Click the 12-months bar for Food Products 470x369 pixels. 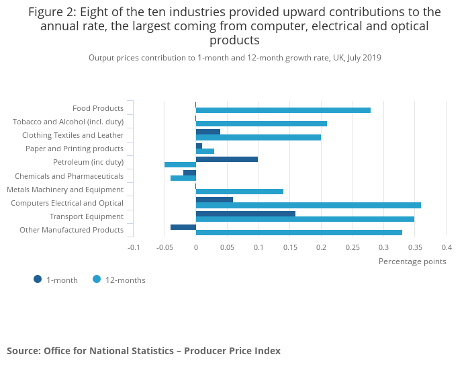tap(283, 110)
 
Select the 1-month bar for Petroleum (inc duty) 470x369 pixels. tap(226, 159)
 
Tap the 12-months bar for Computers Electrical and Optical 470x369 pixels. tap(308, 205)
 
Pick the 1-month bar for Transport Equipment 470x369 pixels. tap(245, 214)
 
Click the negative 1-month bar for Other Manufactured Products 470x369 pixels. tap(183, 227)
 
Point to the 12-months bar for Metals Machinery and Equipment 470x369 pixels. tap(239, 192)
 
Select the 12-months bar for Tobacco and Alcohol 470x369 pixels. tap(261, 124)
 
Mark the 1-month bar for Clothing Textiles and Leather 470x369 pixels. tap(207, 132)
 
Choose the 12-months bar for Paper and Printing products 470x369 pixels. tap(205, 151)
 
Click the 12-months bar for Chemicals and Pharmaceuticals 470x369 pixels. tap(183, 178)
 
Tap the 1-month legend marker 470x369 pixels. tap(38, 280)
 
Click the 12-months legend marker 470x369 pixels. tap(97, 280)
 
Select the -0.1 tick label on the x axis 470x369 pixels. tap(134, 247)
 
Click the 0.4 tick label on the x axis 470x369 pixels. tap(446, 247)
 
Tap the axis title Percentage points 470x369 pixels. tap(412, 261)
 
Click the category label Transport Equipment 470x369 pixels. tap(87, 216)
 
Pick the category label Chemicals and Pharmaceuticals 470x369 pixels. tap(69, 176)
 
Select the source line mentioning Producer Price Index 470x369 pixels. tap(144, 351)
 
